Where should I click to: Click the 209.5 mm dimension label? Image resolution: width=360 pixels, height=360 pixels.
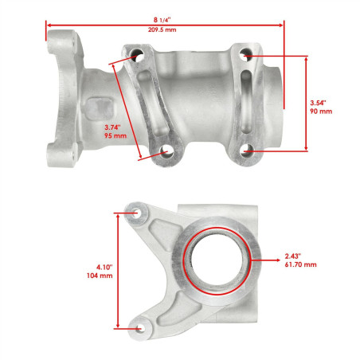(162, 29)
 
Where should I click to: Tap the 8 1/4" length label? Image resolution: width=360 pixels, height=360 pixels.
(162, 20)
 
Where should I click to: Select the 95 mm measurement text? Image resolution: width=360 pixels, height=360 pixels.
(115, 136)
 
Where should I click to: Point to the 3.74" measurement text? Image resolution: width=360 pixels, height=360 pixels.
(112, 127)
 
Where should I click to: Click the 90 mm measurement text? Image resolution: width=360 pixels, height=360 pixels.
(321, 112)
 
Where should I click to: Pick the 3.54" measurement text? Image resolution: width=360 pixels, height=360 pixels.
(318, 103)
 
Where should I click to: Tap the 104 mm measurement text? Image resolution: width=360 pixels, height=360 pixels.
(100, 276)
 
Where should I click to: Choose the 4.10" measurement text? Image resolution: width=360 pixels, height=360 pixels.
(104, 267)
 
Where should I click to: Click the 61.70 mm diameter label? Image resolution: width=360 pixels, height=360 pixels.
(300, 264)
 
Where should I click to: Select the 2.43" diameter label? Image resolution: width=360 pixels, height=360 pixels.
(293, 256)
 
